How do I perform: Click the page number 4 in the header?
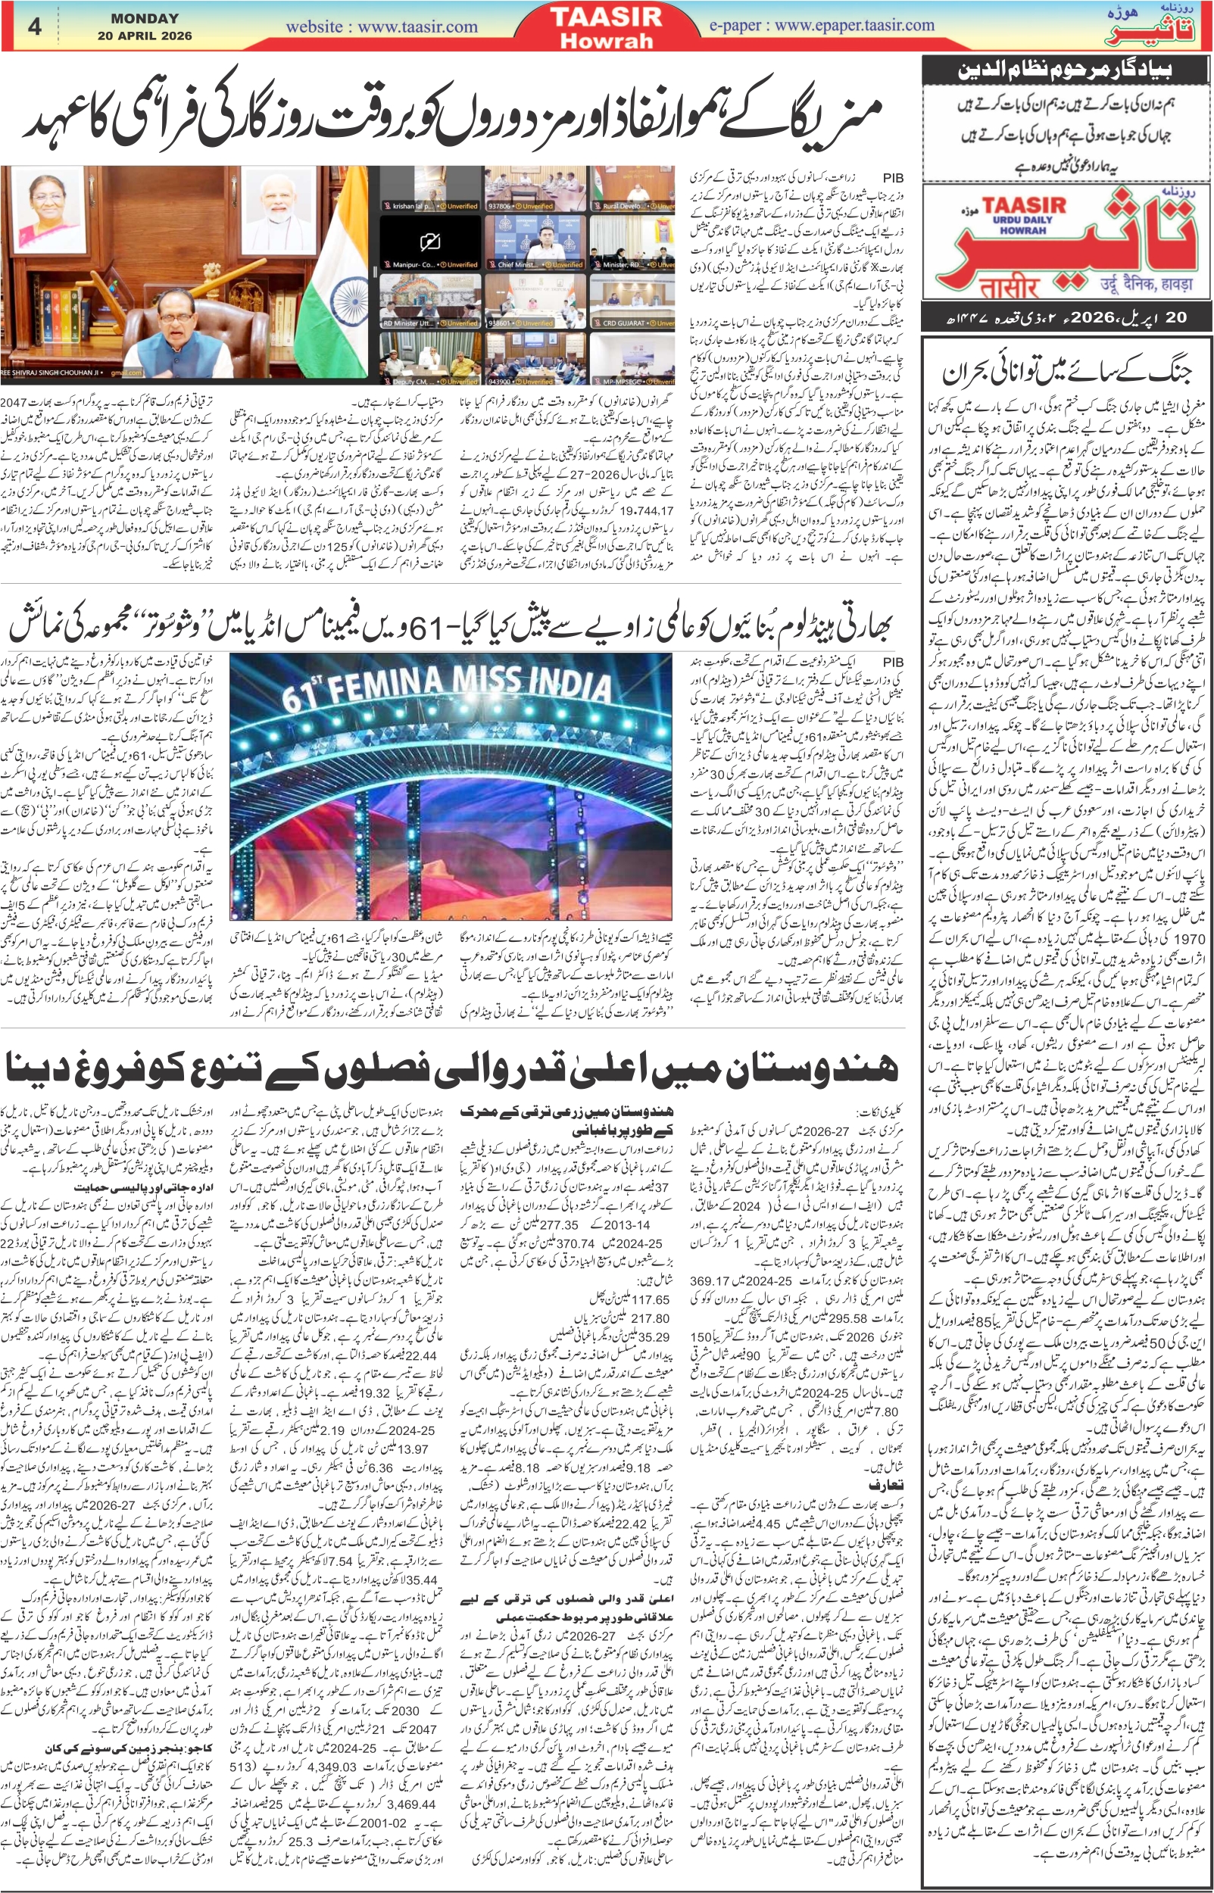pos(33,26)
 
